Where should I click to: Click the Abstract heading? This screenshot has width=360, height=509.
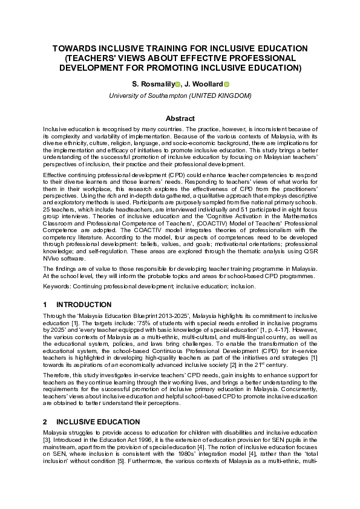tap(180, 118)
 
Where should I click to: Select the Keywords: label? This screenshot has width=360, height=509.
tap(58, 285)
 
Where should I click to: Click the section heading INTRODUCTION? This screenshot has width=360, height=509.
tap(83, 305)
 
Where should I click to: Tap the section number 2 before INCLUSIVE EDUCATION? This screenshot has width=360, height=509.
tap(45, 421)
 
